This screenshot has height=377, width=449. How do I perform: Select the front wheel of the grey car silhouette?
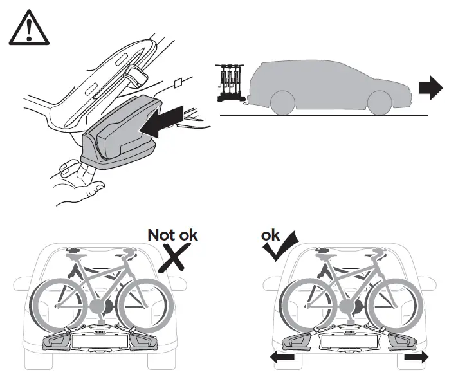(x=374, y=103)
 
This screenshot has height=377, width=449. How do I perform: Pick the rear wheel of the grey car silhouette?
(x=284, y=103)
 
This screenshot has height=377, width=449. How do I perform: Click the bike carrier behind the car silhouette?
(x=230, y=83)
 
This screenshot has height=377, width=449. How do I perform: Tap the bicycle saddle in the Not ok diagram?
(x=75, y=251)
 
